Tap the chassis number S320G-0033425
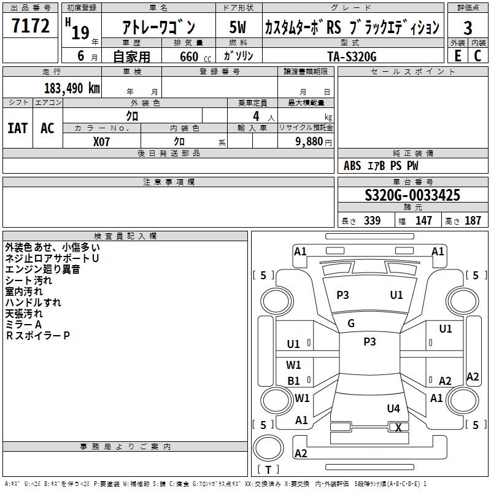(x=412, y=195)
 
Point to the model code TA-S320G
(x=352, y=55)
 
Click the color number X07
(x=102, y=141)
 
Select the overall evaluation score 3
(x=468, y=28)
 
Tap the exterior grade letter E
(x=457, y=55)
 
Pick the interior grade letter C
(x=477, y=55)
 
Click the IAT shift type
(x=17, y=128)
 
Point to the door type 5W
(x=238, y=28)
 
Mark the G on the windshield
(x=351, y=323)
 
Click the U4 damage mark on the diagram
(x=393, y=408)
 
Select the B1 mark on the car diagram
(x=294, y=381)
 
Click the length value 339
(x=371, y=221)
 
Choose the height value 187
(x=473, y=221)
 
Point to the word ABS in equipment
(x=352, y=166)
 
